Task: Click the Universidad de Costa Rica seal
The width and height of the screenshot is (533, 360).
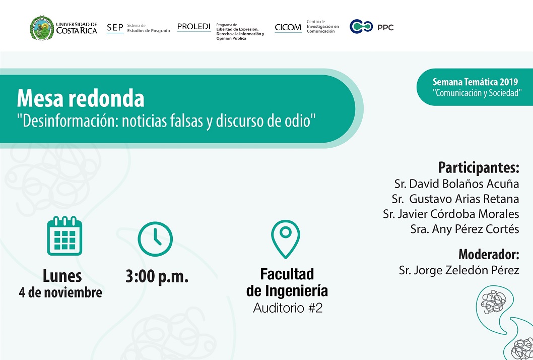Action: click(42, 28)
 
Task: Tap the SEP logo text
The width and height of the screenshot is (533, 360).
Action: click(115, 28)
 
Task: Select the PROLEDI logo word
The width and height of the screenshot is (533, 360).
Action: click(194, 27)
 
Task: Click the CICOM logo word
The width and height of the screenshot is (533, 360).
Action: click(288, 27)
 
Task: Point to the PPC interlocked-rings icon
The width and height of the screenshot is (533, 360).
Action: click(361, 27)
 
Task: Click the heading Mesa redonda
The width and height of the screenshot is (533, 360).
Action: click(81, 98)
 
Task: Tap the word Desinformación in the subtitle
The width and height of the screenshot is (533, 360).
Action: click(69, 121)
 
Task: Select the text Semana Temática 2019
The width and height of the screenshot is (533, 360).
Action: click(475, 82)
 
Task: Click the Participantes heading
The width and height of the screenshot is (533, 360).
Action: click(479, 167)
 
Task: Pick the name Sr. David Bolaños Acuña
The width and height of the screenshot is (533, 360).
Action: click(456, 184)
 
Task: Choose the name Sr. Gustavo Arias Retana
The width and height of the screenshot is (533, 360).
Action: click(455, 199)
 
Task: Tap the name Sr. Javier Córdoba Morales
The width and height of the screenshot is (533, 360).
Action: click(451, 214)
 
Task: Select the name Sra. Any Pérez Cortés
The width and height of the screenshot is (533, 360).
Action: click(464, 229)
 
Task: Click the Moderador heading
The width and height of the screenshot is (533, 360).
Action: click(489, 254)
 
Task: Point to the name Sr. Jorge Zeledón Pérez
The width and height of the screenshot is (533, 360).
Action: click(459, 270)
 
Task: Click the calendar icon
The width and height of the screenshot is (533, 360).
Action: click(64, 236)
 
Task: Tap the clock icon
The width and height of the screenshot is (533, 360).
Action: click(155, 239)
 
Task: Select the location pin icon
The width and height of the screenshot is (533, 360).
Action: click(286, 239)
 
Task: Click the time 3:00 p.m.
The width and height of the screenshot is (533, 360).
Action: click(157, 276)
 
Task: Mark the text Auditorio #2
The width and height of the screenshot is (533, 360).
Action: click(288, 308)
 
